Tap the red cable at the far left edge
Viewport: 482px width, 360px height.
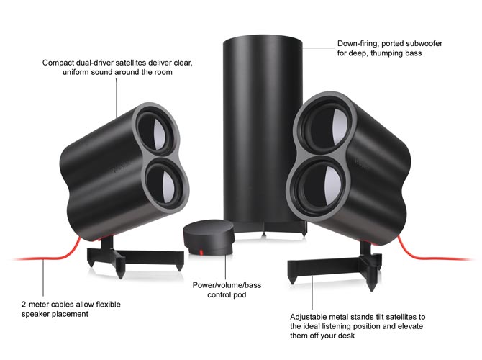[x=22, y=257]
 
